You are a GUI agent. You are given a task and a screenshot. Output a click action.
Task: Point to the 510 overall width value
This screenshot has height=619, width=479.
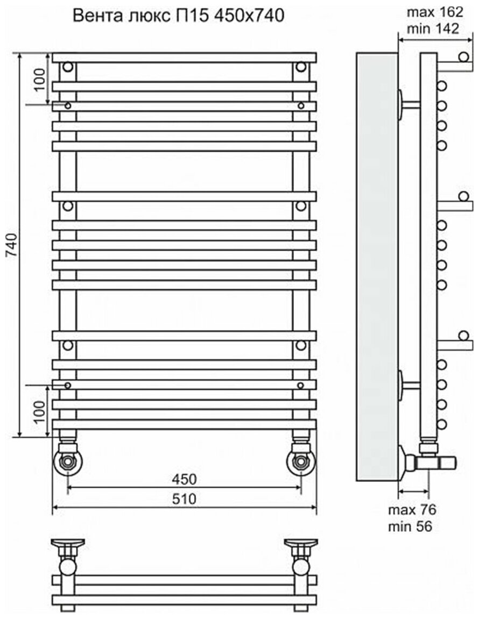pos(184,499)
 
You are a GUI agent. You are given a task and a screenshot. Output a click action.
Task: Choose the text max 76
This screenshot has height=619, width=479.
pos(412,509)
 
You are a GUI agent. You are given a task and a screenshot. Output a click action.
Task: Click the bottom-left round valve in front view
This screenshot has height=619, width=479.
pos(68,461)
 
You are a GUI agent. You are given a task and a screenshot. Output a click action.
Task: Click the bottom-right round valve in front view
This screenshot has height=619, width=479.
pos(300,461)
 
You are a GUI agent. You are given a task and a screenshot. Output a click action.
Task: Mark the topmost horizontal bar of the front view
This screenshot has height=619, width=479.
pos(184,58)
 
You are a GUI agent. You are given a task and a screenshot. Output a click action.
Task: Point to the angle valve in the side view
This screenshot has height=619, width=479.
pos(428,461)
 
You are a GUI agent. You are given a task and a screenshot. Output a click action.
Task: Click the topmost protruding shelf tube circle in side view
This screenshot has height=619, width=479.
pos(463,58)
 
